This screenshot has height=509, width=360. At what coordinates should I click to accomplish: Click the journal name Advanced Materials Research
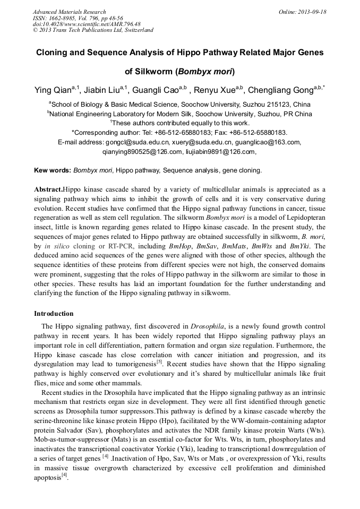(69, 12)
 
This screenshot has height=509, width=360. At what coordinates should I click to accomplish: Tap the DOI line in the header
(87, 24)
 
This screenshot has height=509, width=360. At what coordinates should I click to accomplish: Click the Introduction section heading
(54, 314)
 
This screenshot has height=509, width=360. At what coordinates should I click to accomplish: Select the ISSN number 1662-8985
(64, 18)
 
